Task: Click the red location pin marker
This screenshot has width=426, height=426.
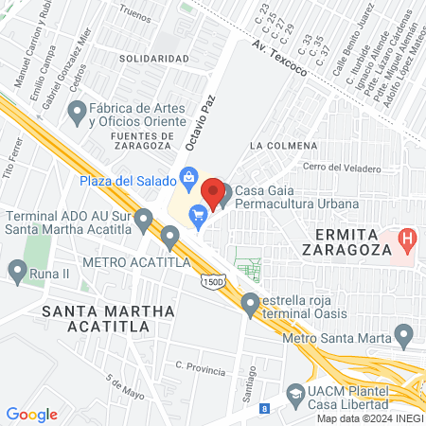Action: [214, 193]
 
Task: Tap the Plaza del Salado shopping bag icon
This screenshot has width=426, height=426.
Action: [189, 177]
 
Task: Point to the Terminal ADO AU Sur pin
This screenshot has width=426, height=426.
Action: [144, 221]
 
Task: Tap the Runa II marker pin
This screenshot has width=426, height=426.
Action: [17, 273]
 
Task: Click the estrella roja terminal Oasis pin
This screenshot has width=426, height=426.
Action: [250, 304]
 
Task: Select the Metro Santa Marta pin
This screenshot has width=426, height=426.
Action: [404, 334]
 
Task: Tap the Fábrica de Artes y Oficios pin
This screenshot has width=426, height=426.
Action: [77, 115]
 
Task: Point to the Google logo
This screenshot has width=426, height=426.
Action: [31, 414]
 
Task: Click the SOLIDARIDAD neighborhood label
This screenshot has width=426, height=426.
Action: [153, 59]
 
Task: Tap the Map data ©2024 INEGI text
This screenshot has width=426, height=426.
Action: [368, 418]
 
